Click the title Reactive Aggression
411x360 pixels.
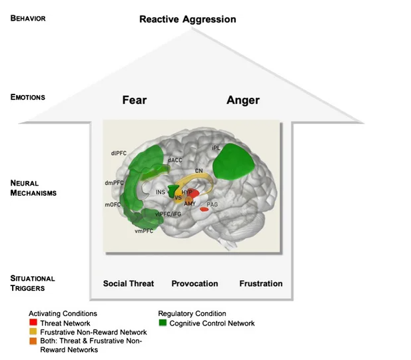point(188,19)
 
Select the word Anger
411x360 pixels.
point(242,100)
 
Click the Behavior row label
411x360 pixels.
point(28,18)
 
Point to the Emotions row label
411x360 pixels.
point(27,97)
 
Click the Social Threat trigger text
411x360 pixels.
point(129,283)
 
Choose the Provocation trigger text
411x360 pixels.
point(195,283)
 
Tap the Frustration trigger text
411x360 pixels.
point(261,283)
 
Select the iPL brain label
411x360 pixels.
point(216,148)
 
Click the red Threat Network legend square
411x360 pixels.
point(33,323)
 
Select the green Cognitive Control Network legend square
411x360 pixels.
point(163,323)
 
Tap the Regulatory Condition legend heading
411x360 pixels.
point(192,313)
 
